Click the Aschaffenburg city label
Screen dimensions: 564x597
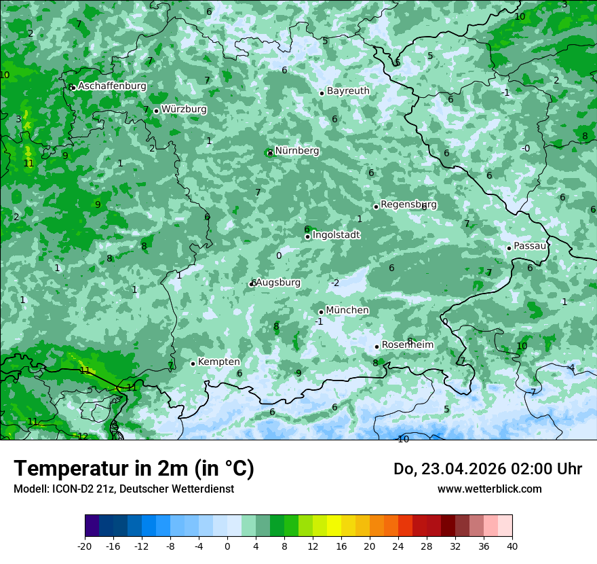click(112, 86)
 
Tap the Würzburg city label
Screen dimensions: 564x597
click(184, 109)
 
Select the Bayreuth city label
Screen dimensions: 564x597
click(348, 91)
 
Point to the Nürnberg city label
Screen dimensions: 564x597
click(297, 151)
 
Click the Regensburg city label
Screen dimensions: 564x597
click(408, 205)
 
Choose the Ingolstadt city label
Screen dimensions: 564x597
click(336, 235)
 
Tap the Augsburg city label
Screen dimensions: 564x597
click(279, 283)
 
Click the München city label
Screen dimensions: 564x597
click(347, 311)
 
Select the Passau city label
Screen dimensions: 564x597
click(530, 246)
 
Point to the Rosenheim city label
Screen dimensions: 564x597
click(408, 345)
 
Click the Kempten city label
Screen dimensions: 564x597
click(218, 362)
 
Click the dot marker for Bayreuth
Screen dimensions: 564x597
click(322, 93)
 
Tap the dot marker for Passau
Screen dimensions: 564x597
click(509, 248)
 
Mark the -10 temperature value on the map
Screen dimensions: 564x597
click(402, 440)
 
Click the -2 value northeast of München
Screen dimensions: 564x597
click(335, 283)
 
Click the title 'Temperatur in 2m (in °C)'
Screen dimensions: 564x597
click(134, 468)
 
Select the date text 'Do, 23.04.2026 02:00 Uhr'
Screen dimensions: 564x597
click(488, 469)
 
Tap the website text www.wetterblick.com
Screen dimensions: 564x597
click(489, 489)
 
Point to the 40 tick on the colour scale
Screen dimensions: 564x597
click(512, 546)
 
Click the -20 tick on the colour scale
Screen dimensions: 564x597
click(85, 546)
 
